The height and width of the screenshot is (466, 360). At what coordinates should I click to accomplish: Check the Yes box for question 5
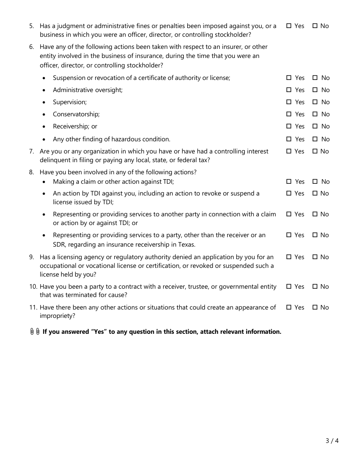click(289, 26)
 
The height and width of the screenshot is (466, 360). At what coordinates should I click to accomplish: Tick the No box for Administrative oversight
click(315, 90)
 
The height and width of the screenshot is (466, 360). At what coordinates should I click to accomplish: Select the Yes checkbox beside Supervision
click(289, 102)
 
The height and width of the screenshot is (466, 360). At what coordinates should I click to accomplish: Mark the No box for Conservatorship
click(315, 114)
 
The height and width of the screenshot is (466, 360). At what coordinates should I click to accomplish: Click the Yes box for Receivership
click(289, 126)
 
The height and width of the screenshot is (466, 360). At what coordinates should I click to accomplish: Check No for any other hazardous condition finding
click(315, 139)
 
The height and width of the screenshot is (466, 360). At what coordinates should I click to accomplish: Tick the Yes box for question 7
click(289, 151)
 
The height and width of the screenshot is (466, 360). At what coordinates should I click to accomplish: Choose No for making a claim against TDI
click(315, 181)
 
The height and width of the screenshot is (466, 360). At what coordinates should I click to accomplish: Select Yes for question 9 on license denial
click(289, 257)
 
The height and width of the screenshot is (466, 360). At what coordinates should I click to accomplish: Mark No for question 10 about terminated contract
click(315, 286)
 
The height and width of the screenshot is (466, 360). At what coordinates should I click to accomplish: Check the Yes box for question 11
click(289, 307)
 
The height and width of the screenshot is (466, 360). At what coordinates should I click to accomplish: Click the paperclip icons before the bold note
click(35, 332)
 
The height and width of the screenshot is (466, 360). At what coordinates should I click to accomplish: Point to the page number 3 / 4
click(332, 441)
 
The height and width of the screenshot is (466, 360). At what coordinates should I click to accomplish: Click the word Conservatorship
click(76, 114)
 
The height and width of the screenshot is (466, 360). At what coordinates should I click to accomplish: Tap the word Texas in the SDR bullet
click(186, 244)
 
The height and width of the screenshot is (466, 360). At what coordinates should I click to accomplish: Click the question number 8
click(31, 172)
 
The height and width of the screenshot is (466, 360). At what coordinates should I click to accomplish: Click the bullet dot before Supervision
click(45, 102)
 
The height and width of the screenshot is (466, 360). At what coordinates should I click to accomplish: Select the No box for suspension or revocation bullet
click(315, 78)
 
